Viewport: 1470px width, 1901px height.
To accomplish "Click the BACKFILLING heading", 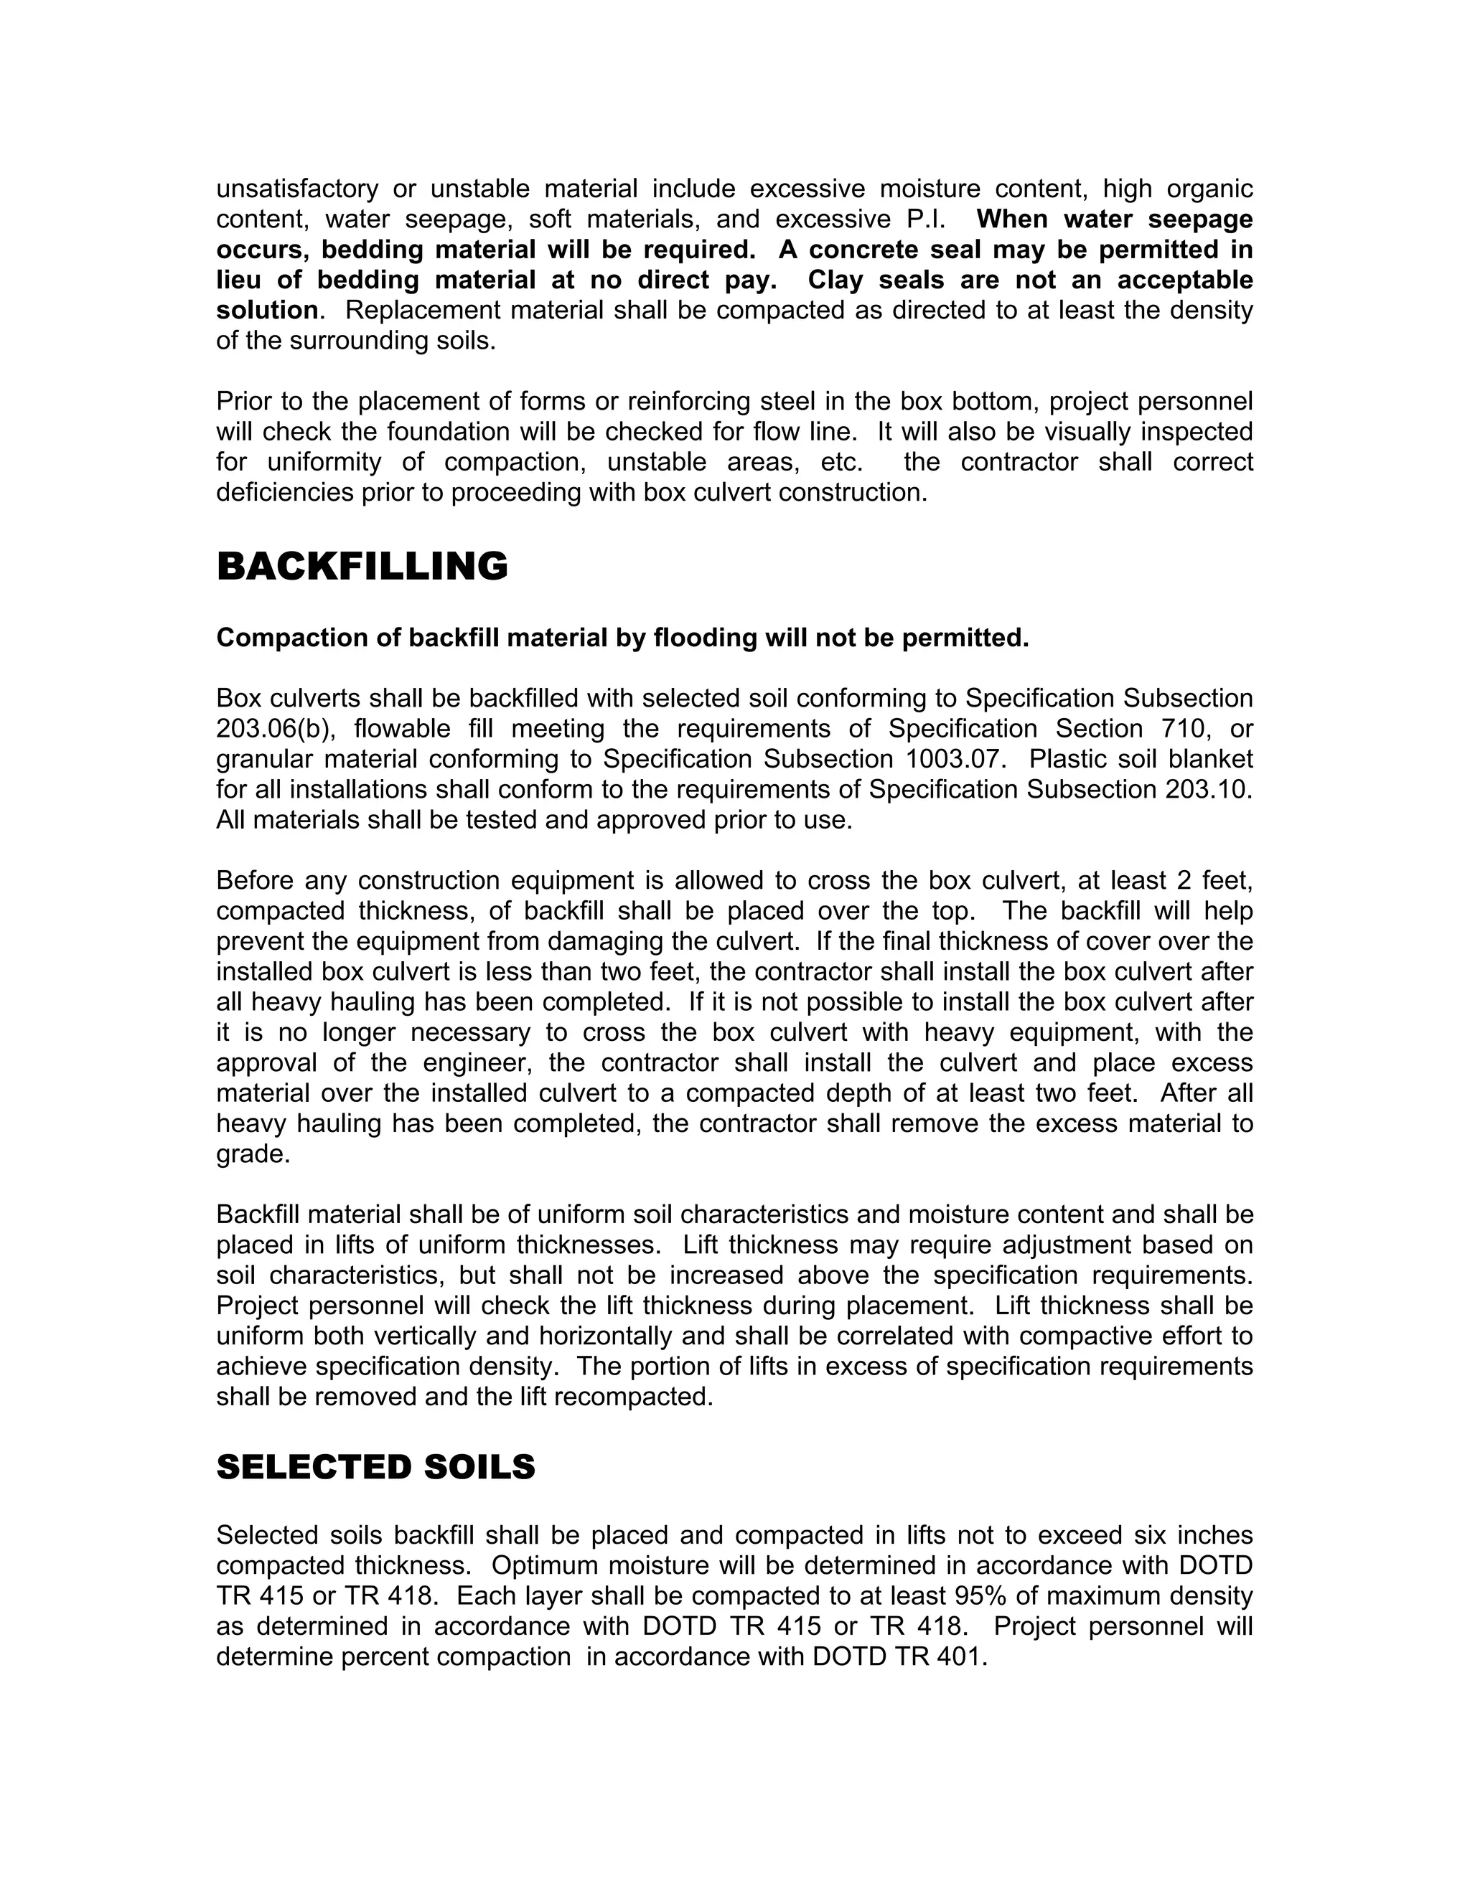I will pyautogui.click(x=362, y=567).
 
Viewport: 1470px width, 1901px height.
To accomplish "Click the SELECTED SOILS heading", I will pyautogui.click(x=375, y=1468).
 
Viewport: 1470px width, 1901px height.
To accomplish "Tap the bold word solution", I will pyautogui.click(x=267, y=310).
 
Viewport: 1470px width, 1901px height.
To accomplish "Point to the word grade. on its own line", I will pyautogui.click(x=253, y=1154).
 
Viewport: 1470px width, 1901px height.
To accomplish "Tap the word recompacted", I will pyautogui.click(x=634, y=1397).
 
